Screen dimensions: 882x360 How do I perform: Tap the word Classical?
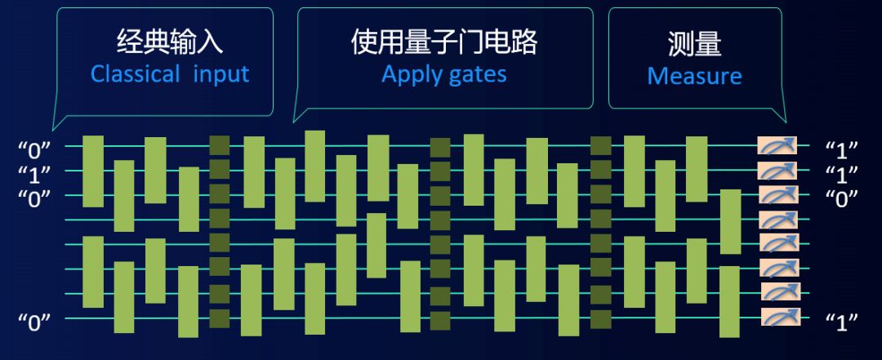pos(135,74)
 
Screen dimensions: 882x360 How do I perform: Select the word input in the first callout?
pos(221,74)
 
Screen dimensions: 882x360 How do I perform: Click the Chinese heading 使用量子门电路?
pos(445,42)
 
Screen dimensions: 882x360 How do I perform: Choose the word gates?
pos(478,75)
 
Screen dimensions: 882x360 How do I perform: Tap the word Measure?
pos(694,77)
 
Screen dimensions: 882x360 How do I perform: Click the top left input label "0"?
pos(34,149)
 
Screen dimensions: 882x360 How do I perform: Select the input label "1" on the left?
pos(34,173)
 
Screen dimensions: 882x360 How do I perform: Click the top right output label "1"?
pos(841,149)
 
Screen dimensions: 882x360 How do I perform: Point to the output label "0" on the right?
pos(841,198)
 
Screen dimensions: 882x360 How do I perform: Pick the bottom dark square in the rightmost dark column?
pos(600,318)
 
